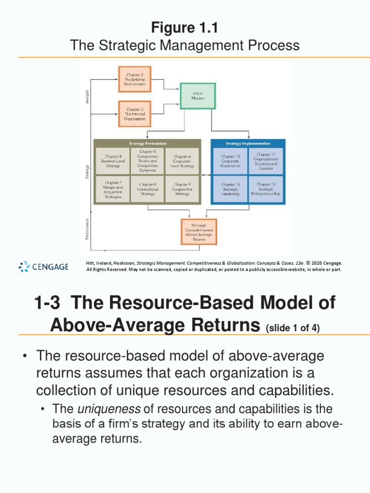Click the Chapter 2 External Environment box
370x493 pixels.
pyautogui.click(x=135, y=79)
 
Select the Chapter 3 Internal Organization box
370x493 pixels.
pyautogui.click(x=135, y=114)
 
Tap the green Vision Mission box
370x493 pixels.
pyautogui.click(x=198, y=96)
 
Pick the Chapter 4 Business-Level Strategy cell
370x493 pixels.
pyautogui.click(x=113, y=161)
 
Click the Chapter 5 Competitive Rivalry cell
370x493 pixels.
pyautogui.click(x=148, y=161)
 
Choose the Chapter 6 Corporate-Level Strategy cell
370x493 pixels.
pyautogui.click(x=183, y=161)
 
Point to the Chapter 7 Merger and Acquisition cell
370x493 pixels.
pyautogui.click(x=113, y=189)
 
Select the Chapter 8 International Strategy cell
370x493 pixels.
pyautogui.click(x=148, y=189)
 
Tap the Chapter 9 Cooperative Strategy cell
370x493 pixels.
pyautogui.click(x=183, y=189)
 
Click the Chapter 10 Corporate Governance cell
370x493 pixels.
pyautogui.click(x=230, y=161)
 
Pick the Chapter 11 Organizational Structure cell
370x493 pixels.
pyautogui.click(x=266, y=161)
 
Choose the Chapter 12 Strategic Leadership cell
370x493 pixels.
pyautogui.click(x=230, y=189)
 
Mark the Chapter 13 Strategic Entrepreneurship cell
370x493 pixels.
pyautogui.click(x=266, y=189)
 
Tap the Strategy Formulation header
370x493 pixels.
pyautogui.click(x=147, y=143)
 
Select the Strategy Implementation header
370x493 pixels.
pyautogui.click(x=248, y=143)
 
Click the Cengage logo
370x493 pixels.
pyautogui.click(x=43, y=266)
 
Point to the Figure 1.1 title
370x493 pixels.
pyautogui.click(x=185, y=28)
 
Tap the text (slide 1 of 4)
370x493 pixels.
pyautogui.click(x=293, y=328)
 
